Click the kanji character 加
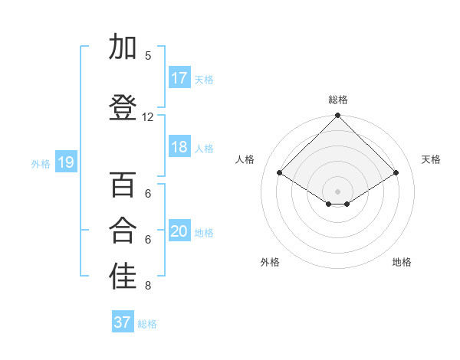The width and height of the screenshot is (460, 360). pos(123,47)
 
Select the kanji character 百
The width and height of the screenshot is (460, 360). pos(123,186)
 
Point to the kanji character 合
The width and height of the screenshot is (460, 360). pos(123,231)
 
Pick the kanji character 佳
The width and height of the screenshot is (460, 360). pos(123,277)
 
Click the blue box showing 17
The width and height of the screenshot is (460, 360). pos(179,78)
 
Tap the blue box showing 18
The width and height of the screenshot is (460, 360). pos(179,148)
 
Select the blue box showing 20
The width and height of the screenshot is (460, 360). pos(179,232)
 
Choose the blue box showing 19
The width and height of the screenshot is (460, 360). pos(66,162)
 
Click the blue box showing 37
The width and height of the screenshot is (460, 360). pos(123,322)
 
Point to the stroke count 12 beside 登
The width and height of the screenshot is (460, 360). pos(148,117)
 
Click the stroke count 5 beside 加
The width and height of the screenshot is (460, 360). pos(148,56)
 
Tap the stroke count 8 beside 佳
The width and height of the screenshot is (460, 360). pos(148,286)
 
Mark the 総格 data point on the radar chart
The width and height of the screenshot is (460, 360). pos(337,116)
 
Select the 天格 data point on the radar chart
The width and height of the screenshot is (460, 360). pos(396,172)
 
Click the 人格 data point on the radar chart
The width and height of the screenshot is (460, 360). pos(280,172)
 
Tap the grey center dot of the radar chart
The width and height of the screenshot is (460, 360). pos(337,191)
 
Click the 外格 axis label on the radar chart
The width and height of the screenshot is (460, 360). pos(270,262)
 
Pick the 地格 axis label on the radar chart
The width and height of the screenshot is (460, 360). pos(402,262)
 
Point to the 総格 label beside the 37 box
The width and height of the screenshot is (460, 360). pos(147,324)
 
